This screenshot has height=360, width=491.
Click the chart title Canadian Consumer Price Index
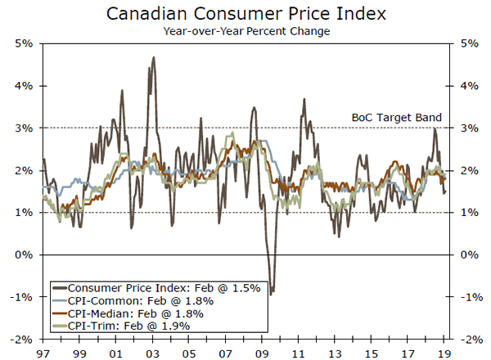coord(245,14)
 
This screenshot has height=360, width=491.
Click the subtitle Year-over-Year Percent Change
coord(245,31)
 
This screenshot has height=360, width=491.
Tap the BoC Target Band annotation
coord(395,117)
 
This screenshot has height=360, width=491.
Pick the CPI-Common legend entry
coord(131,300)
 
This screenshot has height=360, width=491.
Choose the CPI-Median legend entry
coord(132,313)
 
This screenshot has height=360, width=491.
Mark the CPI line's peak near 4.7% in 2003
coord(154,57)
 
